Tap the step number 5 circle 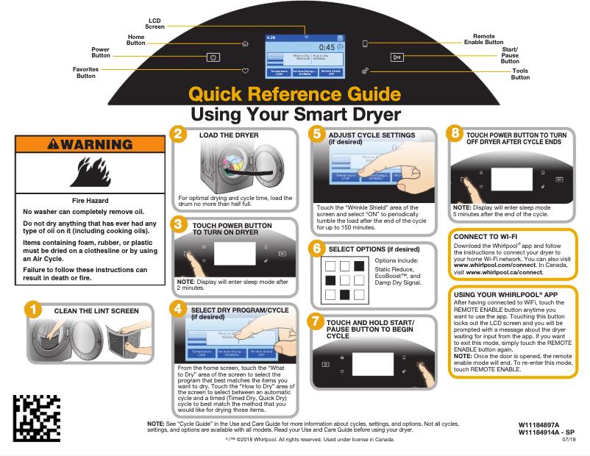316,134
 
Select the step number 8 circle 455,134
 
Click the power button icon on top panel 213,57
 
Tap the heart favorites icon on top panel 246,71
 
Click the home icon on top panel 245,43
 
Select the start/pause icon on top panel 397,57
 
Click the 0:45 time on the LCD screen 326,47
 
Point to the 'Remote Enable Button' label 483,39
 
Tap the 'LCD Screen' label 154,24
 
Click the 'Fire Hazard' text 90,201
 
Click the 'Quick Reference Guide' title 295,94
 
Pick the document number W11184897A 539,426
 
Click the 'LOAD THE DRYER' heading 229,135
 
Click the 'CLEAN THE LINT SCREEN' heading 96,311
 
